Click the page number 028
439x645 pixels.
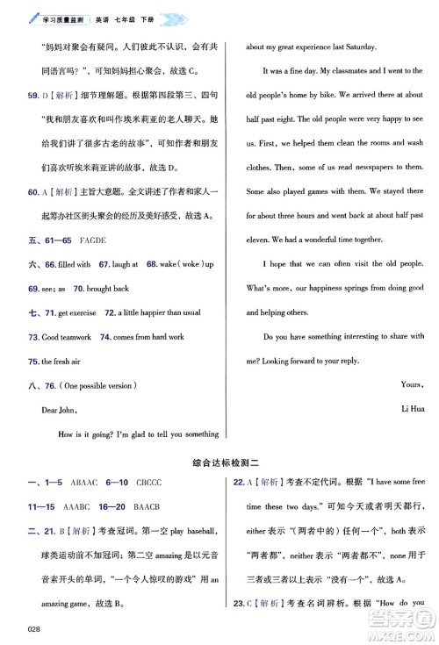[34, 626]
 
